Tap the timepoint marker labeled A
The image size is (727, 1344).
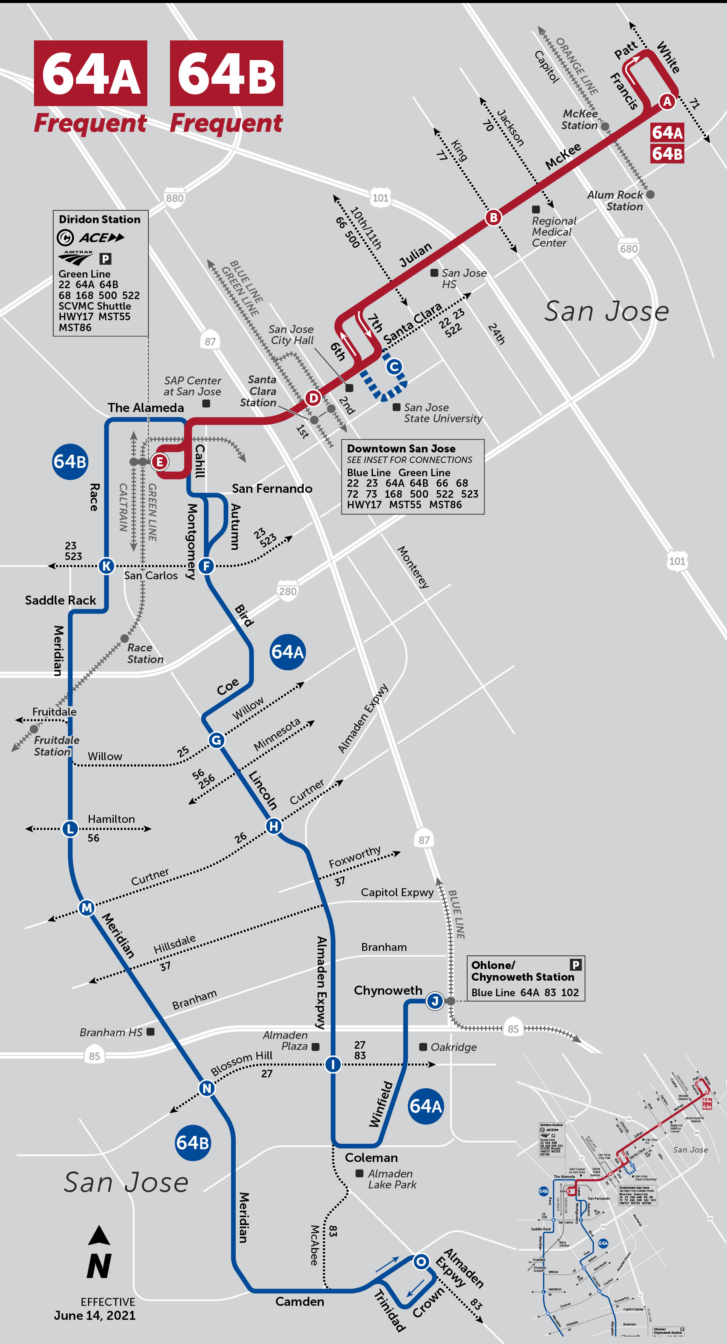click(x=667, y=101)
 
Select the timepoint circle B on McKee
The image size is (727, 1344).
click(x=493, y=217)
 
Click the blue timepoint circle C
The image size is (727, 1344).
click(x=394, y=367)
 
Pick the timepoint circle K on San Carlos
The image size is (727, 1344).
click(x=107, y=566)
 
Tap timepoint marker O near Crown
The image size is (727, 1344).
click(x=421, y=1262)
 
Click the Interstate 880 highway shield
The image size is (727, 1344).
click(x=174, y=198)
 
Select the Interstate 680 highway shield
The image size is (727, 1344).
click(x=628, y=249)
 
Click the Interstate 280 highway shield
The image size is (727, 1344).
click(x=287, y=591)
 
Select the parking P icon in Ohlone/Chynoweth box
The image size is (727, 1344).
click(x=575, y=965)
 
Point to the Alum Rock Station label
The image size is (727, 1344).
click(x=616, y=201)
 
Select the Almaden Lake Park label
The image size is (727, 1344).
click(x=391, y=1179)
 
